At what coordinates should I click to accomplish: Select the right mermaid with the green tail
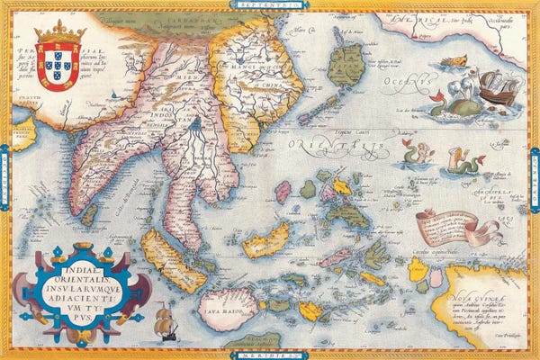465,162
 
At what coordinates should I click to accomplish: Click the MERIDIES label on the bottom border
267,354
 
